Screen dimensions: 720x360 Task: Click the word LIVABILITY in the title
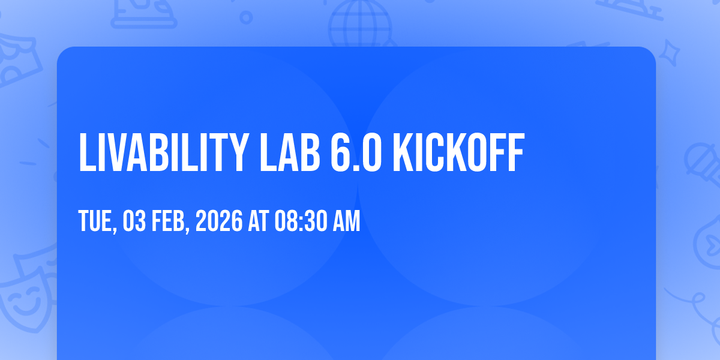[164, 152]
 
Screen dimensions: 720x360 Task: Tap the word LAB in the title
[290, 152]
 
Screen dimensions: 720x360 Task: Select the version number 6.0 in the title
[356, 152]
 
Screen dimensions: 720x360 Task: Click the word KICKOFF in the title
[458, 152]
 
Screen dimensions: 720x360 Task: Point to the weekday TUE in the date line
[98, 221]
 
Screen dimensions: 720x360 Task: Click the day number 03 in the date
[134, 221]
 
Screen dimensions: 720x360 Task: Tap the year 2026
[219, 221]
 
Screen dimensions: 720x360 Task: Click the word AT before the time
[258, 221]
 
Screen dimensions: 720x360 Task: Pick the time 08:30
[301, 221]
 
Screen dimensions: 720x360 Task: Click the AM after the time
[347, 221]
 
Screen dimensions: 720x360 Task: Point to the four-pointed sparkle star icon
[669, 53]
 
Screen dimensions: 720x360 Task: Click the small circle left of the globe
[246, 17]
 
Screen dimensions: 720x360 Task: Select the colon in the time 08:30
[301, 223]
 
